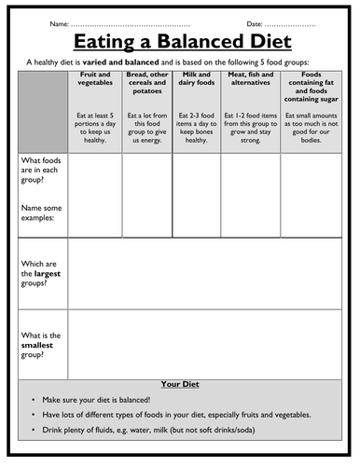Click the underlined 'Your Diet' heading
[180, 382]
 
